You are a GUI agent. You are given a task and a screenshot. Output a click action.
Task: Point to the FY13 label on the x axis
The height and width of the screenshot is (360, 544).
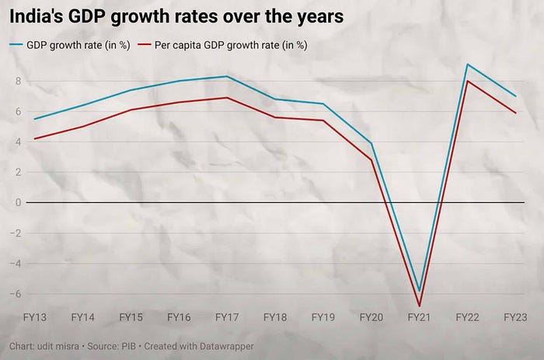pos(35,318)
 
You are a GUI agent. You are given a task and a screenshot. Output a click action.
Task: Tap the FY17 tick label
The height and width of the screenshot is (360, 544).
pos(227,318)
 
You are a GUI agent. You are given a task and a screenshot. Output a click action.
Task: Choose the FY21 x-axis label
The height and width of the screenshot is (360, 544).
pos(420,318)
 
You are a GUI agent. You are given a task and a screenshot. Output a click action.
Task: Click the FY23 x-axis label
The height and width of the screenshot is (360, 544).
pos(515,318)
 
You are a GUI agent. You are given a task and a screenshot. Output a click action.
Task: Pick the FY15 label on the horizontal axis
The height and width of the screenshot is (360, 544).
pos(131,318)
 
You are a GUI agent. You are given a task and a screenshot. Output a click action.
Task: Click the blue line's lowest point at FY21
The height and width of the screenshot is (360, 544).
pos(420,291)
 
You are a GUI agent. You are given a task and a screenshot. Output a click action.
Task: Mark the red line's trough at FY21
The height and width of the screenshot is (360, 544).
pos(420,306)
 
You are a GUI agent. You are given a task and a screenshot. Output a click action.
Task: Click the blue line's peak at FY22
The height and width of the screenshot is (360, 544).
pos(467,65)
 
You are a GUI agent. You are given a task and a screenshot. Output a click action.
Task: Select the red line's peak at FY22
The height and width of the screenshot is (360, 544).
pos(467,81)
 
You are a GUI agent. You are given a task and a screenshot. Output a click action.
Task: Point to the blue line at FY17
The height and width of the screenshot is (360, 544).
pos(227,76)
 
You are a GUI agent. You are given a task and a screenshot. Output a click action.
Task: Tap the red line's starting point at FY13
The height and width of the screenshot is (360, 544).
pos(35,138)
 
